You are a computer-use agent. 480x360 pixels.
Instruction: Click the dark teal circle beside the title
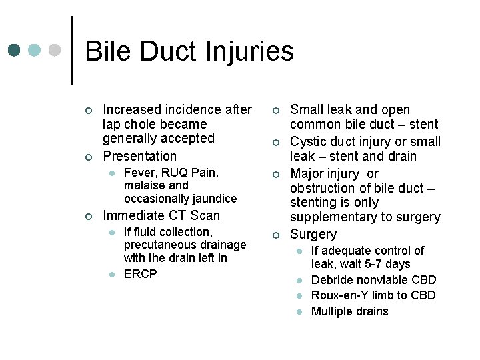click(15, 51)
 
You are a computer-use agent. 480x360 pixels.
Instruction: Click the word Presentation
click(140, 156)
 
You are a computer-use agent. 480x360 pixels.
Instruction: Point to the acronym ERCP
click(141, 274)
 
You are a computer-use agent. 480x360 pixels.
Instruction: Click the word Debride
click(333, 280)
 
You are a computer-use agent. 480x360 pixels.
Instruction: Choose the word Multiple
click(331, 311)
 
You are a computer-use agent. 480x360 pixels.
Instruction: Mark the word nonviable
click(385, 280)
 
